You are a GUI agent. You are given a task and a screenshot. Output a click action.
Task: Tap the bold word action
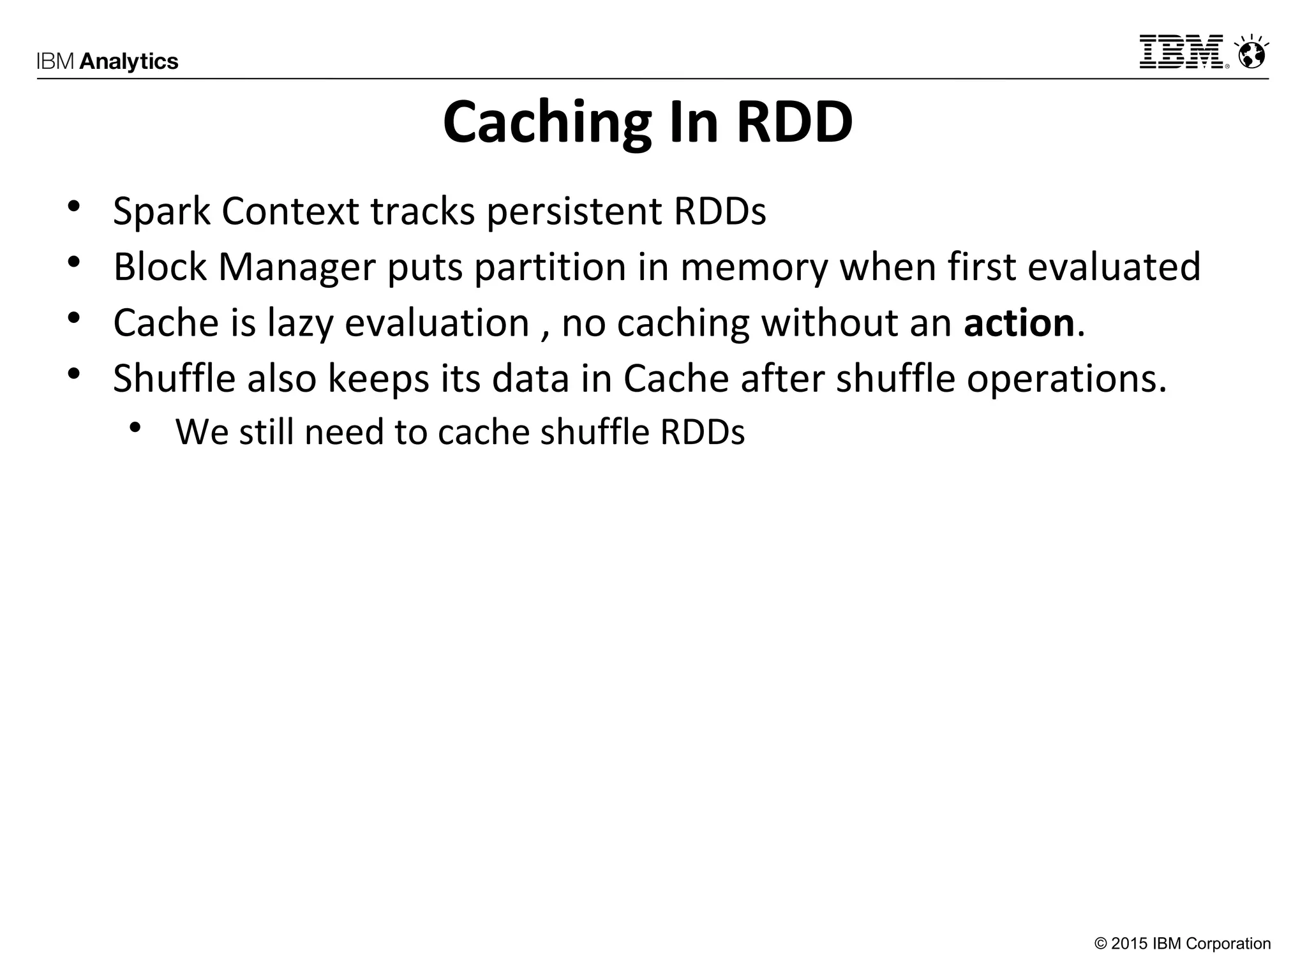1019,323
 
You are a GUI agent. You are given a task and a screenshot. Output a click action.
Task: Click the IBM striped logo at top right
1183,52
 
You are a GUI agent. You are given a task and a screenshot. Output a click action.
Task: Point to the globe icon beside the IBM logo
1251,53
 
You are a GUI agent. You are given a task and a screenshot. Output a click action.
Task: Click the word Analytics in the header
129,62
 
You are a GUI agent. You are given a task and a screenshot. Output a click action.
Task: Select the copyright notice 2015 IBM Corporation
1183,944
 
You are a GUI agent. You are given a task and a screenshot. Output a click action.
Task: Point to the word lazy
300,323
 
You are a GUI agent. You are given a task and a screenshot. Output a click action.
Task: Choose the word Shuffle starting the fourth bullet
174,378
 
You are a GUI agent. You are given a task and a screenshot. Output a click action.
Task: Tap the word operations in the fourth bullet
1066,378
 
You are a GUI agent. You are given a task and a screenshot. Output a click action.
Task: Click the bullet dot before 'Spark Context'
73,207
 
